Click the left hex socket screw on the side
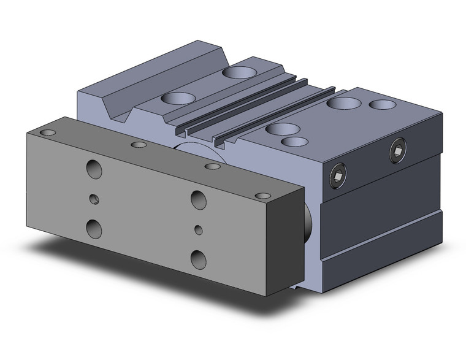point(337,177)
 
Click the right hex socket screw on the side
point(397,151)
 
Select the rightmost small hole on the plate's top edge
point(263,197)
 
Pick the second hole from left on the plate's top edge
point(140,145)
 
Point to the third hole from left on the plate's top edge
point(212,166)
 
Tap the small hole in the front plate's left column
point(94,199)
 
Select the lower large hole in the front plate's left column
point(95,229)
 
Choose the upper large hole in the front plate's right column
point(197,198)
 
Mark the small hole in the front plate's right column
point(198,229)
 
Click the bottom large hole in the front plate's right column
point(198,258)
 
